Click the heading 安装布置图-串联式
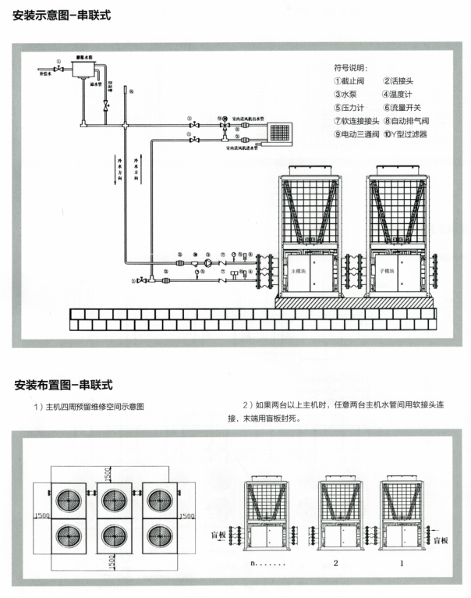(x=63, y=385)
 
